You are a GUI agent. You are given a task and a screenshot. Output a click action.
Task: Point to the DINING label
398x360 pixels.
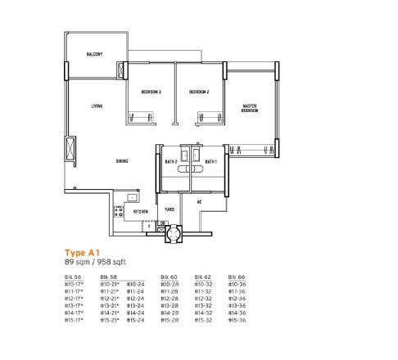121,161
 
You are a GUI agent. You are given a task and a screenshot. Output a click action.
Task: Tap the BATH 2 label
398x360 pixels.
171,162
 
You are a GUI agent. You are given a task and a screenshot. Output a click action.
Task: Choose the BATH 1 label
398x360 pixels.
211,162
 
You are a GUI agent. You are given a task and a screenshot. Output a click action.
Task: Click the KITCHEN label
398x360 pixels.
140,211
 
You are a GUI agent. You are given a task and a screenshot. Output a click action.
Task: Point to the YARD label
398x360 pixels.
169,209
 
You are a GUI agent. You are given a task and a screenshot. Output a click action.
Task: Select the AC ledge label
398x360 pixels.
200,201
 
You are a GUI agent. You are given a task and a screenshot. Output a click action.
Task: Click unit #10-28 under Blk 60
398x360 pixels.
169,285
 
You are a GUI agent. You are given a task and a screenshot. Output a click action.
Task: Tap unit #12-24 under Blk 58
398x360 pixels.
136,299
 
